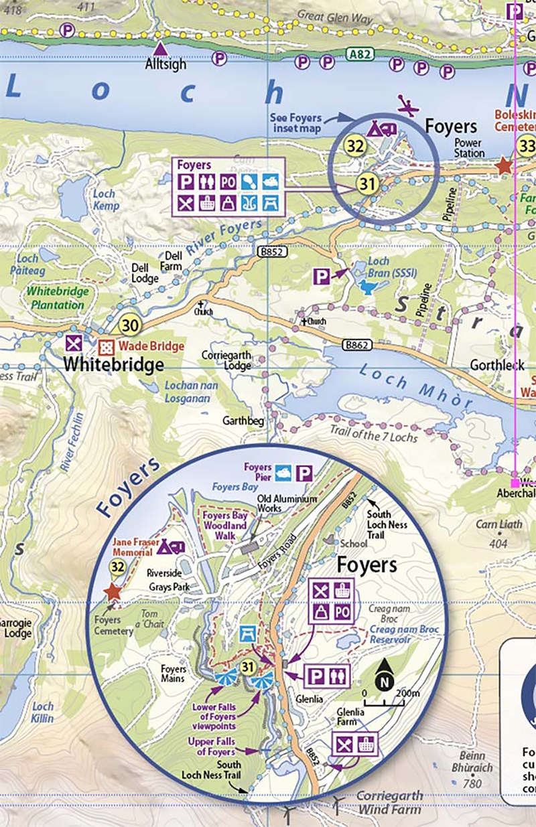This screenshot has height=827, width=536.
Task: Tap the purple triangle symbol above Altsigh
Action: click(x=161, y=49)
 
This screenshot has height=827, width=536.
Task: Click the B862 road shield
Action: click(x=356, y=345)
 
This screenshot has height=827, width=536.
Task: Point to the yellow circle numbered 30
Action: click(x=131, y=325)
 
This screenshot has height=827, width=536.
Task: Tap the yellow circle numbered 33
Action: click(x=527, y=145)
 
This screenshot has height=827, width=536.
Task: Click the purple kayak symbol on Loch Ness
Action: click(x=407, y=104)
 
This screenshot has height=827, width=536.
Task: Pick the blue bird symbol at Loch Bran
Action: click(x=368, y=287)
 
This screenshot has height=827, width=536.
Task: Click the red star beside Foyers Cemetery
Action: click(x=112, y=592)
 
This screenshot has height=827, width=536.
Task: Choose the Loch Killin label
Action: click(x=43, y=712)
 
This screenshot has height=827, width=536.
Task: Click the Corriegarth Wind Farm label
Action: click(x=389, y=802)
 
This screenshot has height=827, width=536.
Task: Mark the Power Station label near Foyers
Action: click(x=469, y=148)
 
